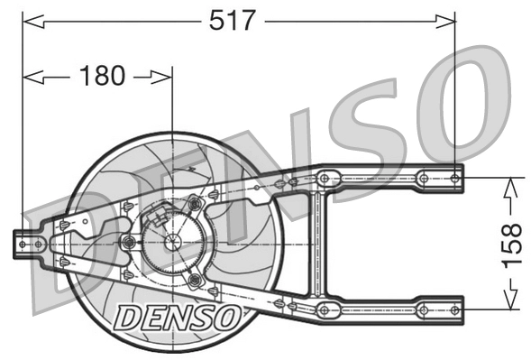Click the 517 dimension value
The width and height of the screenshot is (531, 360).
(x=233, y=19)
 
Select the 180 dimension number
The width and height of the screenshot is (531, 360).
(x=103, y=77)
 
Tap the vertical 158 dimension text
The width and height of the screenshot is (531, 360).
(x=511, y=241)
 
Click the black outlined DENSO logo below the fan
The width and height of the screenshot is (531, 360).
(x=178, y=316)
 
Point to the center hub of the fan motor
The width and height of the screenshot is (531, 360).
(x=171, y=242)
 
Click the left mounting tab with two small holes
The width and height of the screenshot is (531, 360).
(x=30, y=242)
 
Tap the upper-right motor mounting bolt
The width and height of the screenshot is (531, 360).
(x=195, y=206)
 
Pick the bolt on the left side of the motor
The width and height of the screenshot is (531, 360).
(x=129, y=242)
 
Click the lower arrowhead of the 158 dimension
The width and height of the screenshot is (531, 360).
(x=510, y=302)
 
